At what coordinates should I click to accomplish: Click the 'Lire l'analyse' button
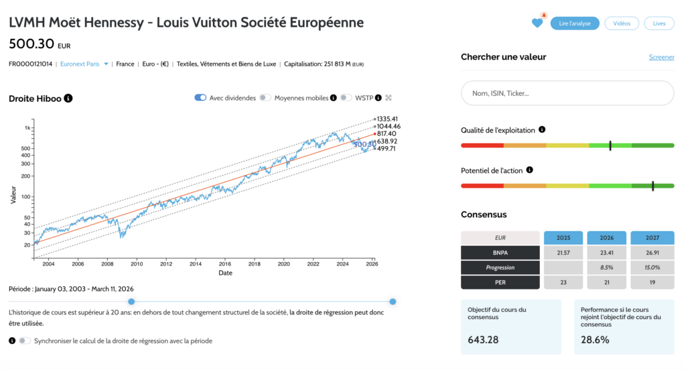pos(575,23)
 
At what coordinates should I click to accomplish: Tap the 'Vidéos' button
pos(622,23)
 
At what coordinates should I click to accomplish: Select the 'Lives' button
pos(659,23)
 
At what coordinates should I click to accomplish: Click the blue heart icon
pos(537,23)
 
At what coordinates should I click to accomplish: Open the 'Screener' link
pos(661,57)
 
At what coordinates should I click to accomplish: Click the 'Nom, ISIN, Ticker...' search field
pos(567,93)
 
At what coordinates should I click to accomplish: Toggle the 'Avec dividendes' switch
pos(200,98)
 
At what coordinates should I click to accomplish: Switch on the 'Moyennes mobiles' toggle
pos(266,98)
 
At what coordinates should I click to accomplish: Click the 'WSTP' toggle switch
pos(346,98)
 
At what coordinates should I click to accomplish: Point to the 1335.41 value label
pos(388,119)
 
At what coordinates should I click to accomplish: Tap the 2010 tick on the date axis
pos(137,264)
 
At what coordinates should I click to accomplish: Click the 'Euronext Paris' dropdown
pos(83,64)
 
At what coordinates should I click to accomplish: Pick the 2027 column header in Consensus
pos(652,238)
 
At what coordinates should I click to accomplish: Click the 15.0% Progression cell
pos(652,267)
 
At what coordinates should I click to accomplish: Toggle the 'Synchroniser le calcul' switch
pos(25,341)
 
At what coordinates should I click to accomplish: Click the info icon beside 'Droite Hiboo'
pos(68,99)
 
